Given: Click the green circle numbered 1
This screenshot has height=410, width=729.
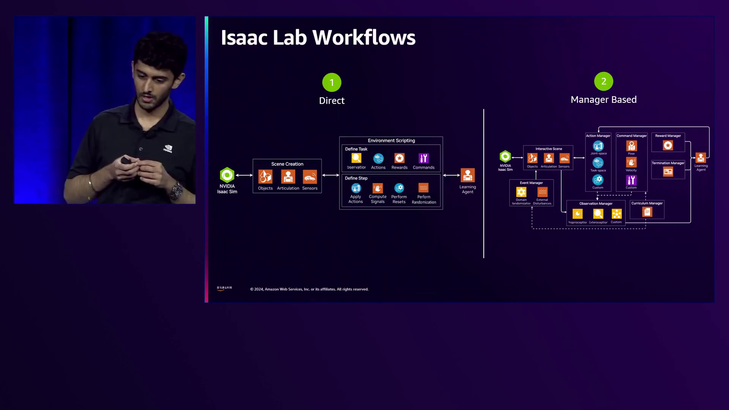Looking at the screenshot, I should coord(331,82).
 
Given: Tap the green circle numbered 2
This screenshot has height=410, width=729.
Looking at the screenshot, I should coord(603,81).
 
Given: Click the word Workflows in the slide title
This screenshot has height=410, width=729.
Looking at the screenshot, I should coord(364,38).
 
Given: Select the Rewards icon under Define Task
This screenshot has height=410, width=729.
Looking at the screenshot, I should coord(399,158).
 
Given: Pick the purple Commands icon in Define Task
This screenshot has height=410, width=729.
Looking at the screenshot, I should coord(423,158).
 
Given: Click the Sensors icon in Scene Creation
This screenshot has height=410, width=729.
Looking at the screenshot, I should coord(309,177).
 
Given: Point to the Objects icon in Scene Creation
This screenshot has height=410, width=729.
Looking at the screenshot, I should coord(265,177).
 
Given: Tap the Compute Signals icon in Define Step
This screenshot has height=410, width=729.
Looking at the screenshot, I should coord(377,188).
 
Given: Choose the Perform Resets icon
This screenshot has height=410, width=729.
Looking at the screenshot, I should coord(399,188).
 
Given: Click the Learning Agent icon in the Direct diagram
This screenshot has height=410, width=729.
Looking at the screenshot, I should coord(467,175).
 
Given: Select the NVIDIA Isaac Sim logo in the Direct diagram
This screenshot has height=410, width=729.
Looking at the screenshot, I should coord(227,175).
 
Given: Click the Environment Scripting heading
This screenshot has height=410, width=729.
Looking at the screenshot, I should coord(391,140).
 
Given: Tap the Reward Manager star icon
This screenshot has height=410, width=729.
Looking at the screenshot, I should coord(668,145).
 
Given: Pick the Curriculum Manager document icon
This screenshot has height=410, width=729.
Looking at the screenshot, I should coord(647,212).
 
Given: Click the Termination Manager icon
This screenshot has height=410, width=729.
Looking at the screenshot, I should coord(668,172).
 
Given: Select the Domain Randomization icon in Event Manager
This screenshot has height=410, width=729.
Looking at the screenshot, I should coord(521,192).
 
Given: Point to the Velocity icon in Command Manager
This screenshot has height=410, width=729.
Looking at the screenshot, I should coord(631,162).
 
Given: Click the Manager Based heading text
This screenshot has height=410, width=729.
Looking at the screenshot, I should coord(603,100).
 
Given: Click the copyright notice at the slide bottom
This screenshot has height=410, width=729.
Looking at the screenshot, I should coord(309,289).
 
